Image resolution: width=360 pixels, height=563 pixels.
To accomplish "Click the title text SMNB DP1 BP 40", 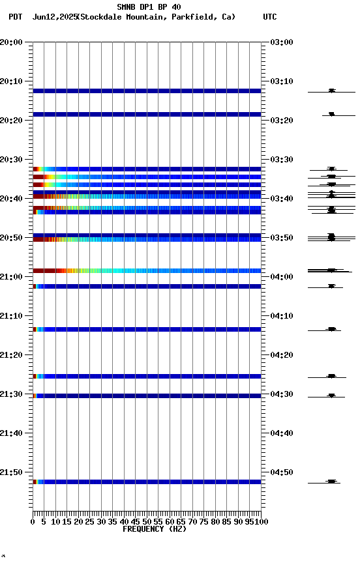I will pos(149,7).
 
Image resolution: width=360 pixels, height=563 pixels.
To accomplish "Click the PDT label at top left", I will pos(15,17).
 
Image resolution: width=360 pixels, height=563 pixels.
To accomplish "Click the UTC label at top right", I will pos(269,17).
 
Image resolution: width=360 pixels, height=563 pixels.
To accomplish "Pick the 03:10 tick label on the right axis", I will pos(281,81).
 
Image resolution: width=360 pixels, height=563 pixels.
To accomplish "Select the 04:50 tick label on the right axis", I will pos(281,472).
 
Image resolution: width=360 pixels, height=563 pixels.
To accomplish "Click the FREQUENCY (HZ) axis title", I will pos(154,529).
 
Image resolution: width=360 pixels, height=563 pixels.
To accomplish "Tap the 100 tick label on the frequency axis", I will pos(262,521).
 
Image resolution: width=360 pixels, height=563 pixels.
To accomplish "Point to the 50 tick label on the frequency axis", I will pos(147,521).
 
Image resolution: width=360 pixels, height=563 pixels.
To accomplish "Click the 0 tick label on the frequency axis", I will pos(33,521).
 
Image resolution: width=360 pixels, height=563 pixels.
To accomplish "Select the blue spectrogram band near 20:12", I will pos(147,91).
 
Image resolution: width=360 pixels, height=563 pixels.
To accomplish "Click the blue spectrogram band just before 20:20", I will pos(147,114).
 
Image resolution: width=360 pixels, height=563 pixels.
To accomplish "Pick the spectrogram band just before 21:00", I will pos(147,270).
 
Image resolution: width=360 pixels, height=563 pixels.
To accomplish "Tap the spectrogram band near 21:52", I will pos(147,482).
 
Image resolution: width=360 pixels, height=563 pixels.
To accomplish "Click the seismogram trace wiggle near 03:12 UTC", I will pos(331,91).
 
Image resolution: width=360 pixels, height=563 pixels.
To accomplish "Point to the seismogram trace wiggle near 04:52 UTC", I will pos(331,482).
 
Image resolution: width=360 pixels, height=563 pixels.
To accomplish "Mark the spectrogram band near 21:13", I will pos(147,329).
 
